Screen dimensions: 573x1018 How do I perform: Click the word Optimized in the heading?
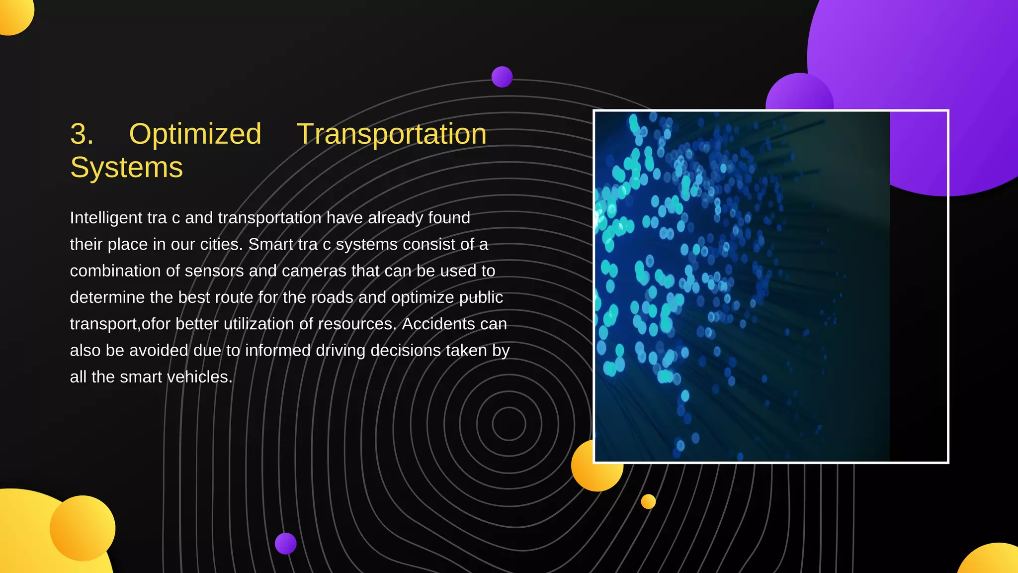pos(195,134)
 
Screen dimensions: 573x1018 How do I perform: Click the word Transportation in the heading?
pos(391,134)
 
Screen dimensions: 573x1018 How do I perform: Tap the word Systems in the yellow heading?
pos(126,168)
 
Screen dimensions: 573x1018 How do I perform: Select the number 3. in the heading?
pos(82,134)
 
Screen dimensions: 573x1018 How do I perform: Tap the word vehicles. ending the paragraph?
pos(199,377)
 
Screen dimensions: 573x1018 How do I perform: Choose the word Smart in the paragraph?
pos(270,245)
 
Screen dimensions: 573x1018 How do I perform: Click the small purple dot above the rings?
pos(502,77)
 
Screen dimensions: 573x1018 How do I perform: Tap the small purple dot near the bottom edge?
pos(286,543)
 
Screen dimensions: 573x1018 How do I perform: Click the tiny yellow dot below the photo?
pos(648,501)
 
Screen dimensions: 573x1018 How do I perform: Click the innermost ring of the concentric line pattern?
pos(509,423)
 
